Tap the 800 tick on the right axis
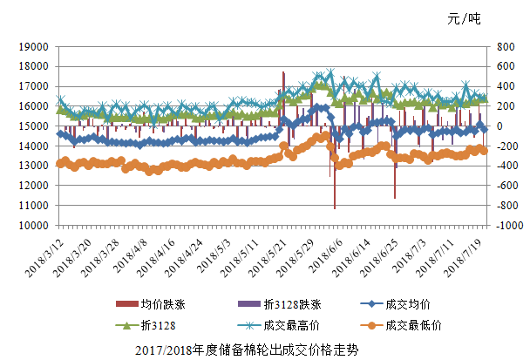(505, 46)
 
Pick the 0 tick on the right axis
(499, 126)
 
